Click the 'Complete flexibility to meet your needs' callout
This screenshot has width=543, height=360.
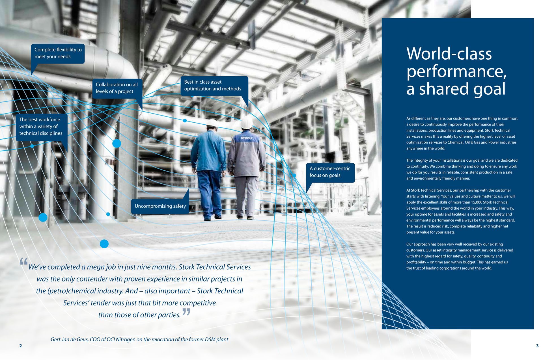(x=58, y=53)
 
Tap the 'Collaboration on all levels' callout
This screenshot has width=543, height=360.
(x=117, y=88)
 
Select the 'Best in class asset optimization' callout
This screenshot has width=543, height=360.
(x=214, y=85)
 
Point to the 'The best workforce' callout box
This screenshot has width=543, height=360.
(x=41, y=127)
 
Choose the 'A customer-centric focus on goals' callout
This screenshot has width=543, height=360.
(x=330, y=172)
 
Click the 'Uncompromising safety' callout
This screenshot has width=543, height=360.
(x=160, y=206)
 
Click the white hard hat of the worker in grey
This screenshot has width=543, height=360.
(x=247, y=122)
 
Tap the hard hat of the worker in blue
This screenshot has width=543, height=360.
(x=212, y=123)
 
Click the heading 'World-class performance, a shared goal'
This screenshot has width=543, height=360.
(x=456, y=71)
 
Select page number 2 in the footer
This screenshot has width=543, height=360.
(x=20, y=346)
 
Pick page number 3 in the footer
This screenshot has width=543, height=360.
(x=537, y=346)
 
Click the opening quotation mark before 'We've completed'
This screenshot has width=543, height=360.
(x=24, y=262)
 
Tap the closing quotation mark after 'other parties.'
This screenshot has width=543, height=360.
(x=186, y=312)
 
